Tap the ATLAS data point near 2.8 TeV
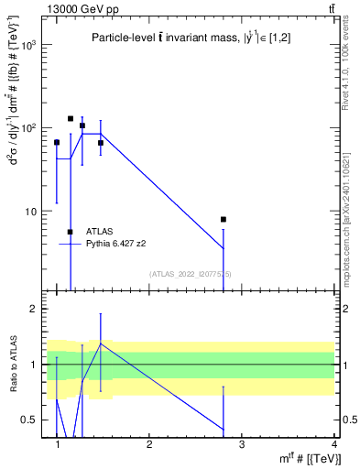pyautogui.click(x=224, y=220)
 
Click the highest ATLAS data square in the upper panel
pyautogui.click(x=71, y=118)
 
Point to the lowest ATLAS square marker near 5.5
pyautogui.click(x=71, y=232)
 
